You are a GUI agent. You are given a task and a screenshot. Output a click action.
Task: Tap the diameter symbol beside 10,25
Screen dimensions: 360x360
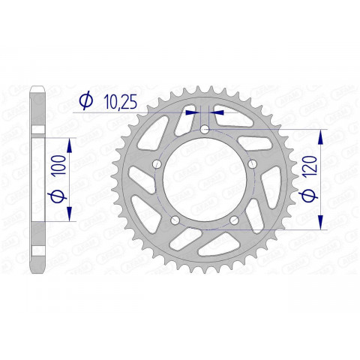coord(85,99)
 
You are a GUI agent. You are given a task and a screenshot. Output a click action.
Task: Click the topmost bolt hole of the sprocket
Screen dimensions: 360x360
coord(204,130)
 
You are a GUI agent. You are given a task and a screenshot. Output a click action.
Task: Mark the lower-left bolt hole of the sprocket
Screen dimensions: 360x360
coord(175,220)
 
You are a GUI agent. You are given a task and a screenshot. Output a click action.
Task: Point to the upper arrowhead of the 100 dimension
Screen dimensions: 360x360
coord(69,142)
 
